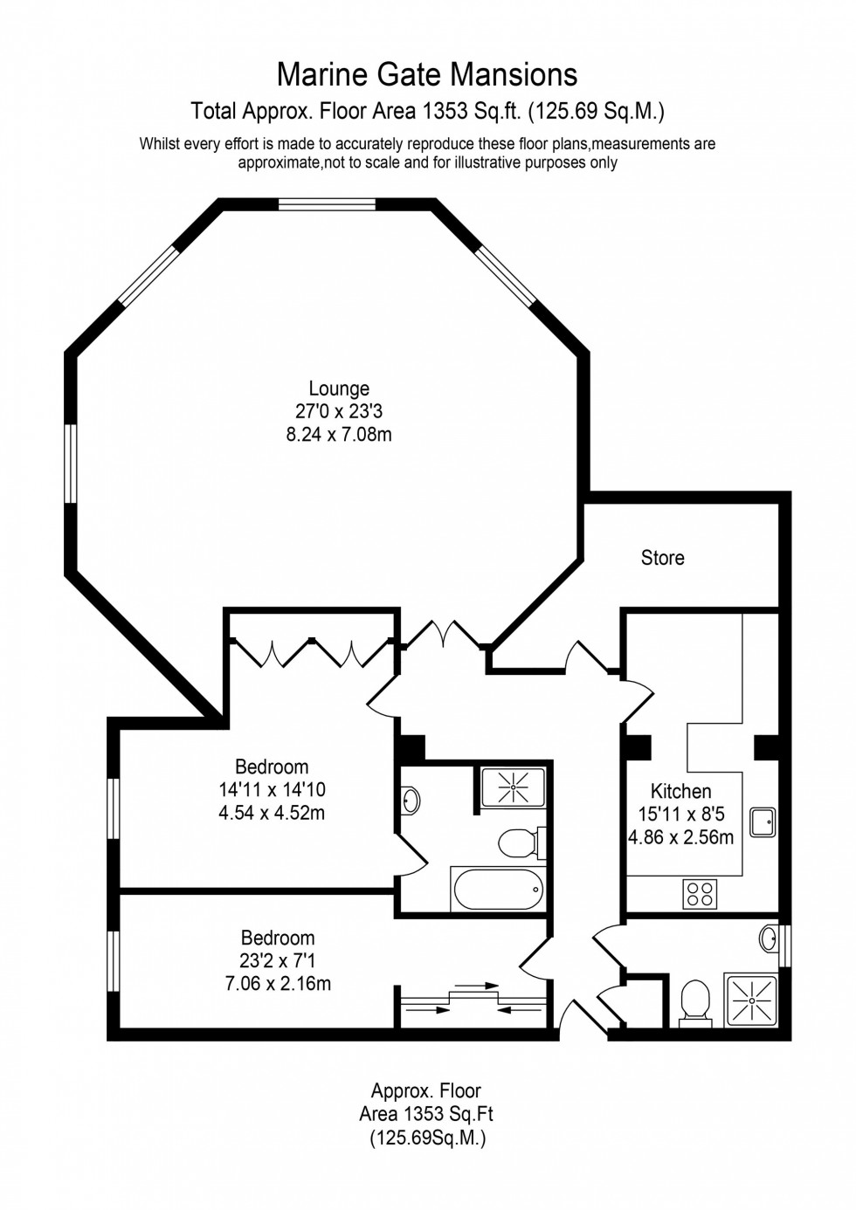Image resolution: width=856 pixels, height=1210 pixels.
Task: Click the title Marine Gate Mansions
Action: click(x=427, y=75)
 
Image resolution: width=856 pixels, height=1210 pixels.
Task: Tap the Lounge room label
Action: click(x=339, y=388)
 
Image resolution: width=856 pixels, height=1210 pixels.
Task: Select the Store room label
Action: click(x=662, y=558)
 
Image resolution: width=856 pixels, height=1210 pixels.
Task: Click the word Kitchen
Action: click(x=680, y=791)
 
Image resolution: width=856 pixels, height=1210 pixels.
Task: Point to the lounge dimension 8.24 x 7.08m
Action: click(x=339, y=434)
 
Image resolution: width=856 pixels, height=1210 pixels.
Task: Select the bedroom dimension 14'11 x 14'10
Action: click(x=272, y=789)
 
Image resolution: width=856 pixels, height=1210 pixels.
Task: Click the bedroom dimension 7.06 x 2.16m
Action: click(x=278, y=983)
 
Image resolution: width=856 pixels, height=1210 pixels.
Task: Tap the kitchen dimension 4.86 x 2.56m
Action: click(x=680, y=837)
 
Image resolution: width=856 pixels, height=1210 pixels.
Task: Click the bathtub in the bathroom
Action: click(x=497, y=890)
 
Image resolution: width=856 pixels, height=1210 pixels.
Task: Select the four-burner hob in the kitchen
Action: click(x=700, y=894)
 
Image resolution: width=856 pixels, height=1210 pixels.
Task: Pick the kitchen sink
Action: click(x=763, y=822)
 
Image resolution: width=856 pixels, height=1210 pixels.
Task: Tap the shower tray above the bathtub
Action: click(x=513, y=787)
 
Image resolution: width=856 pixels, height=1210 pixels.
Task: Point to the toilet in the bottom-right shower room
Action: click(x=695, y=1000)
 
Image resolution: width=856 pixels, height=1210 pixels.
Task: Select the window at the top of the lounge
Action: click(x=327, y=204)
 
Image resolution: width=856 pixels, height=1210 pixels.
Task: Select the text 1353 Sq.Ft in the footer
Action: click(x=447, y=1114)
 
